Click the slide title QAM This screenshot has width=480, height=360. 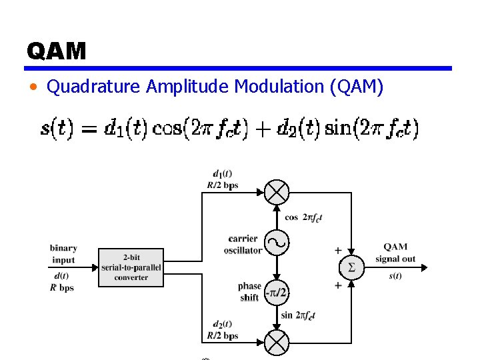pyautogui.click(x=57, y=51)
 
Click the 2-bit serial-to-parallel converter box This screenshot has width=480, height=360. pyautogui.click(x=131, y=267)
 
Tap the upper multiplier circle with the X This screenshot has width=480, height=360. pyautogui.click(x=277, y=193)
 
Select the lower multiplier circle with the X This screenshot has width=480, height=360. pyautogui.click(x=277, y=343)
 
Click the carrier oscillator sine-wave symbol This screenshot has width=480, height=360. pyautogui.click(x=277, y=243)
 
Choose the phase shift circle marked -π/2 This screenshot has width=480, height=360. pyautogui.click(x=277, y=292)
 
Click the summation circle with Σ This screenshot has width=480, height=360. pyautogui.click(x=351, y=267)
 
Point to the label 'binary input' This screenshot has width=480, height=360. pyautogui.click(x=64, y=254)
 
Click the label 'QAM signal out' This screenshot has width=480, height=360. pyautogui.click(x=395, y=253)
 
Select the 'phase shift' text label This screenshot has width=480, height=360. pyautogui.click(x=249, y=292)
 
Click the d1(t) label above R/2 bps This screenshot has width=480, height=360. pyautogui.click(x=222, y=175)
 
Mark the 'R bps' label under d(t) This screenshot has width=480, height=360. pyautogui.click(x=61, y=288)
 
